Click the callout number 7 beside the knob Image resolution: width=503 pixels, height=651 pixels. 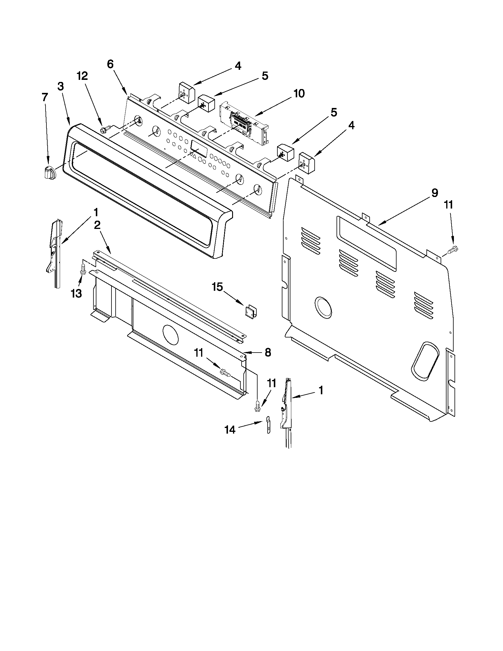pos(45,98)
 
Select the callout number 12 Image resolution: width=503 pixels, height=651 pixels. pos(83,76)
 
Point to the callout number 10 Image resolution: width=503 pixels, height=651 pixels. pos(299,93)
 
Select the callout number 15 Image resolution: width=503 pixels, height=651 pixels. pos(217,287)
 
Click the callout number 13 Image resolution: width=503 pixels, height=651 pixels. pos(77,293)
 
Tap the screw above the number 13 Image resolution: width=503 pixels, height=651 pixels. pos(83,268)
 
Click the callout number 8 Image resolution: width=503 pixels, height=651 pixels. pos(268,353)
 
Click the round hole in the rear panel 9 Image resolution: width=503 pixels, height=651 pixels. pos(323,307)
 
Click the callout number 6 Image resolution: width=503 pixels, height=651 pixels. pos(110,64)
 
